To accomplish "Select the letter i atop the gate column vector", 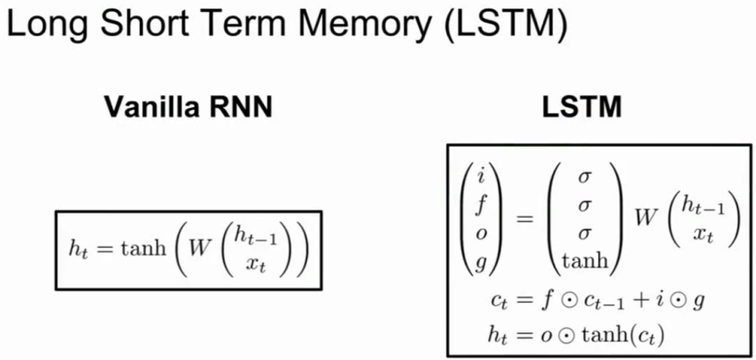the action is pyautogui.click(x=480, y=177).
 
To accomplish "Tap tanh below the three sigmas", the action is pyautogui.click(x=584, y=261).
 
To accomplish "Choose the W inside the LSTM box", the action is pyautogui.click(x=646, y=219).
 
